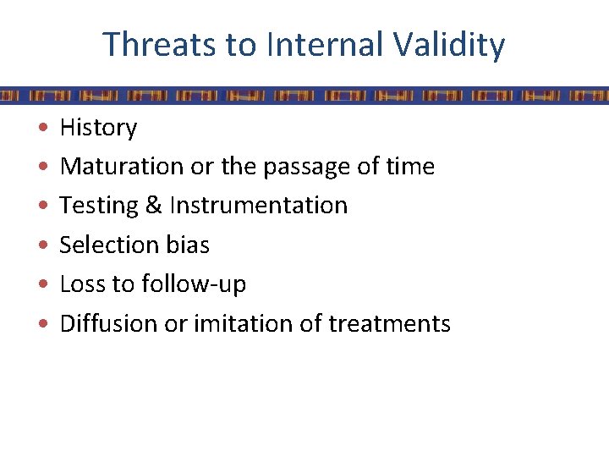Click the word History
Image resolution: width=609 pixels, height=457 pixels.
click(x=98, y=128)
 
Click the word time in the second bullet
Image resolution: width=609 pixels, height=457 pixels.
click(x=410, y=167)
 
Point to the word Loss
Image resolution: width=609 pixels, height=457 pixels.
click(x=82, y=284)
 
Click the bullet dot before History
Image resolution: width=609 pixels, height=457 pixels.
click(x=42, y=129)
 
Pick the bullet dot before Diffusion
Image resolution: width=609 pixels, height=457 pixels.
click(x=42, y=324)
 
